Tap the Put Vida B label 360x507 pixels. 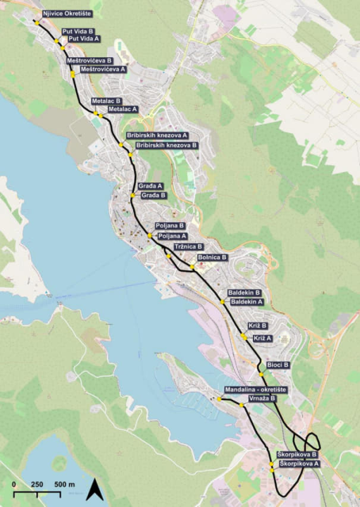77,32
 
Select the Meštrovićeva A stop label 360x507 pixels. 103,69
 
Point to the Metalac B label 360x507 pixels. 106,101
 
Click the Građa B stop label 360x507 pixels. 154,195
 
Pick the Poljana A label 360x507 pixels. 173,236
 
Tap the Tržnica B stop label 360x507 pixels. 188,246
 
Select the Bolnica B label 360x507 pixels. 213,258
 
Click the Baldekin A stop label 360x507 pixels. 247,301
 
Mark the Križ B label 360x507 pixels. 257,326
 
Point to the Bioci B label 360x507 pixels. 278,365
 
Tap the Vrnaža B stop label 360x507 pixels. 262,399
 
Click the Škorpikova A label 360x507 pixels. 299,464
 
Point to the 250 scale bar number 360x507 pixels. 37,484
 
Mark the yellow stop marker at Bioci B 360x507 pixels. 261,374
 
